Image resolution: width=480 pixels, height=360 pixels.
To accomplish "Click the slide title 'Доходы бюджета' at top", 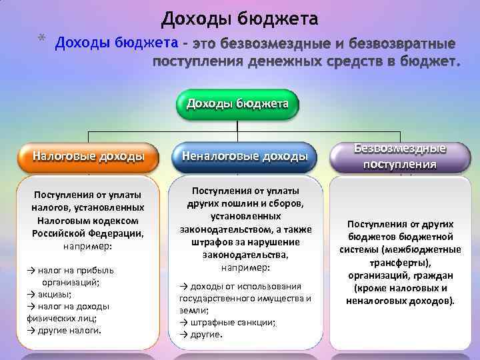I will pyautogui.click(x=239, y=17).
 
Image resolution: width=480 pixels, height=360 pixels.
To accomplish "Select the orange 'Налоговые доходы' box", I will pyautogui.click(x=89, y=157).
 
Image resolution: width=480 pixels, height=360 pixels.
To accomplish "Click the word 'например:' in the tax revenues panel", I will pyautogui.click(x=88, y=246).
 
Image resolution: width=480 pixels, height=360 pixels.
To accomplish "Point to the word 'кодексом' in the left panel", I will pyautogui.click(x=117, y=220).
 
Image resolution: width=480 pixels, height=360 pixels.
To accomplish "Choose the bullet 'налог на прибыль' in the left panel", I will pyautogui.click(x=73, y=270).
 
